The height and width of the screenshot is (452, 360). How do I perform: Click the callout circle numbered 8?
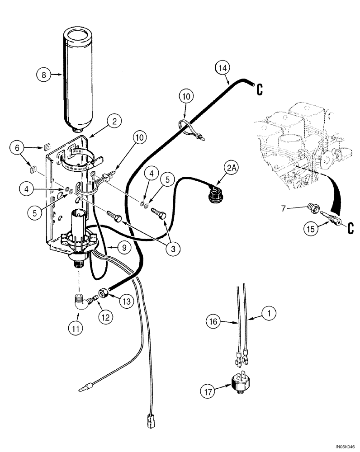44,75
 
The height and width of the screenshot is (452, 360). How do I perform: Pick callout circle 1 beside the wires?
269,312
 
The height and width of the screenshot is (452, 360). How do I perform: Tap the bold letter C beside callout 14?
260,89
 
